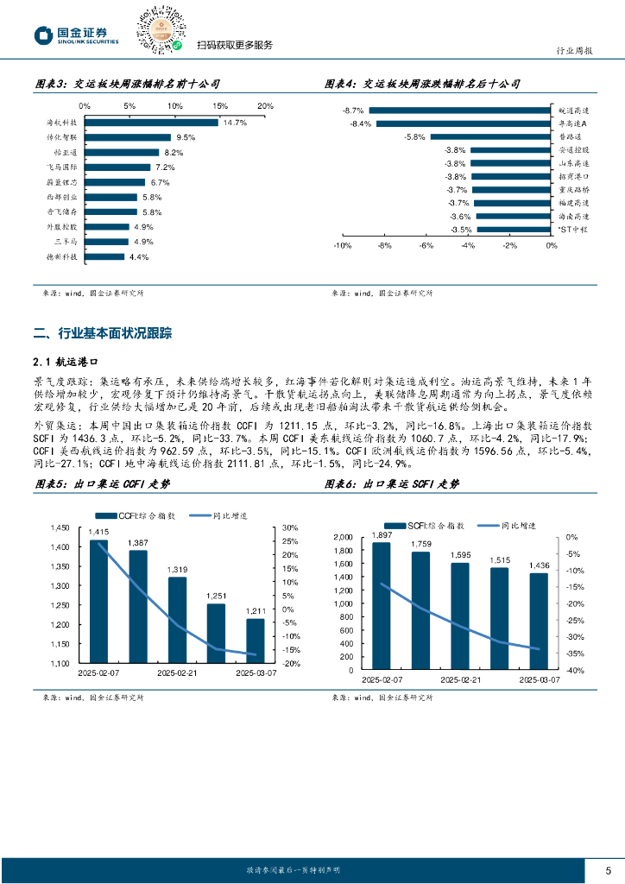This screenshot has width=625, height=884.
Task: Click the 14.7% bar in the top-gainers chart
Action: (151, 123)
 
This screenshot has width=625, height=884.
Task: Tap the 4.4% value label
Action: (139, 256)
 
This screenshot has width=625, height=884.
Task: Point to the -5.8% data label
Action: (415, 136)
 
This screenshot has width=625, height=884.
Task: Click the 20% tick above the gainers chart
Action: (265, 106)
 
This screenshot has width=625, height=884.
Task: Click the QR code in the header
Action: (160, 27)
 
